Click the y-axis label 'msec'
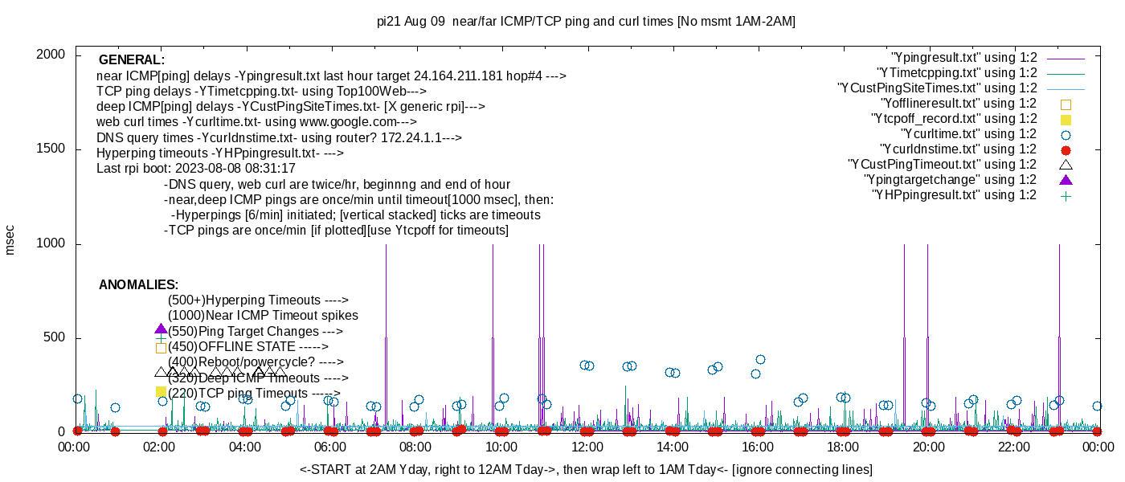10,239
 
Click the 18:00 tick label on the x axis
843,447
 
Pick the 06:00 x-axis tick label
330,447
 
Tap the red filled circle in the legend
1066,149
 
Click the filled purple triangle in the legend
1066,180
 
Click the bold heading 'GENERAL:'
131,60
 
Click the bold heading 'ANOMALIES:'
138,285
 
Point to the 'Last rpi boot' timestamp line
196,169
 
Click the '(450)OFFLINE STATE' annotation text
247,347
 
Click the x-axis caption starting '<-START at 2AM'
586,469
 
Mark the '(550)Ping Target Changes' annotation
255,332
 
